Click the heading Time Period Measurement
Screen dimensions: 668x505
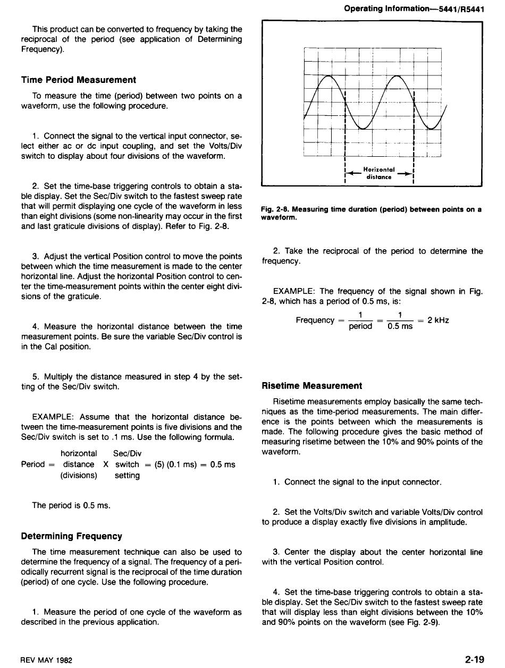click(x=79, y=80)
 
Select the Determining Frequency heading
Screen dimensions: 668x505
click(x=72, y=536)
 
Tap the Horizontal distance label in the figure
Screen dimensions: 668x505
click(x=378, y=173)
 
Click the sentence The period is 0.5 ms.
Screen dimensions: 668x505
click(x=71, y=505)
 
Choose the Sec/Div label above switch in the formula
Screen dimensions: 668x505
click(x=128, y=453)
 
